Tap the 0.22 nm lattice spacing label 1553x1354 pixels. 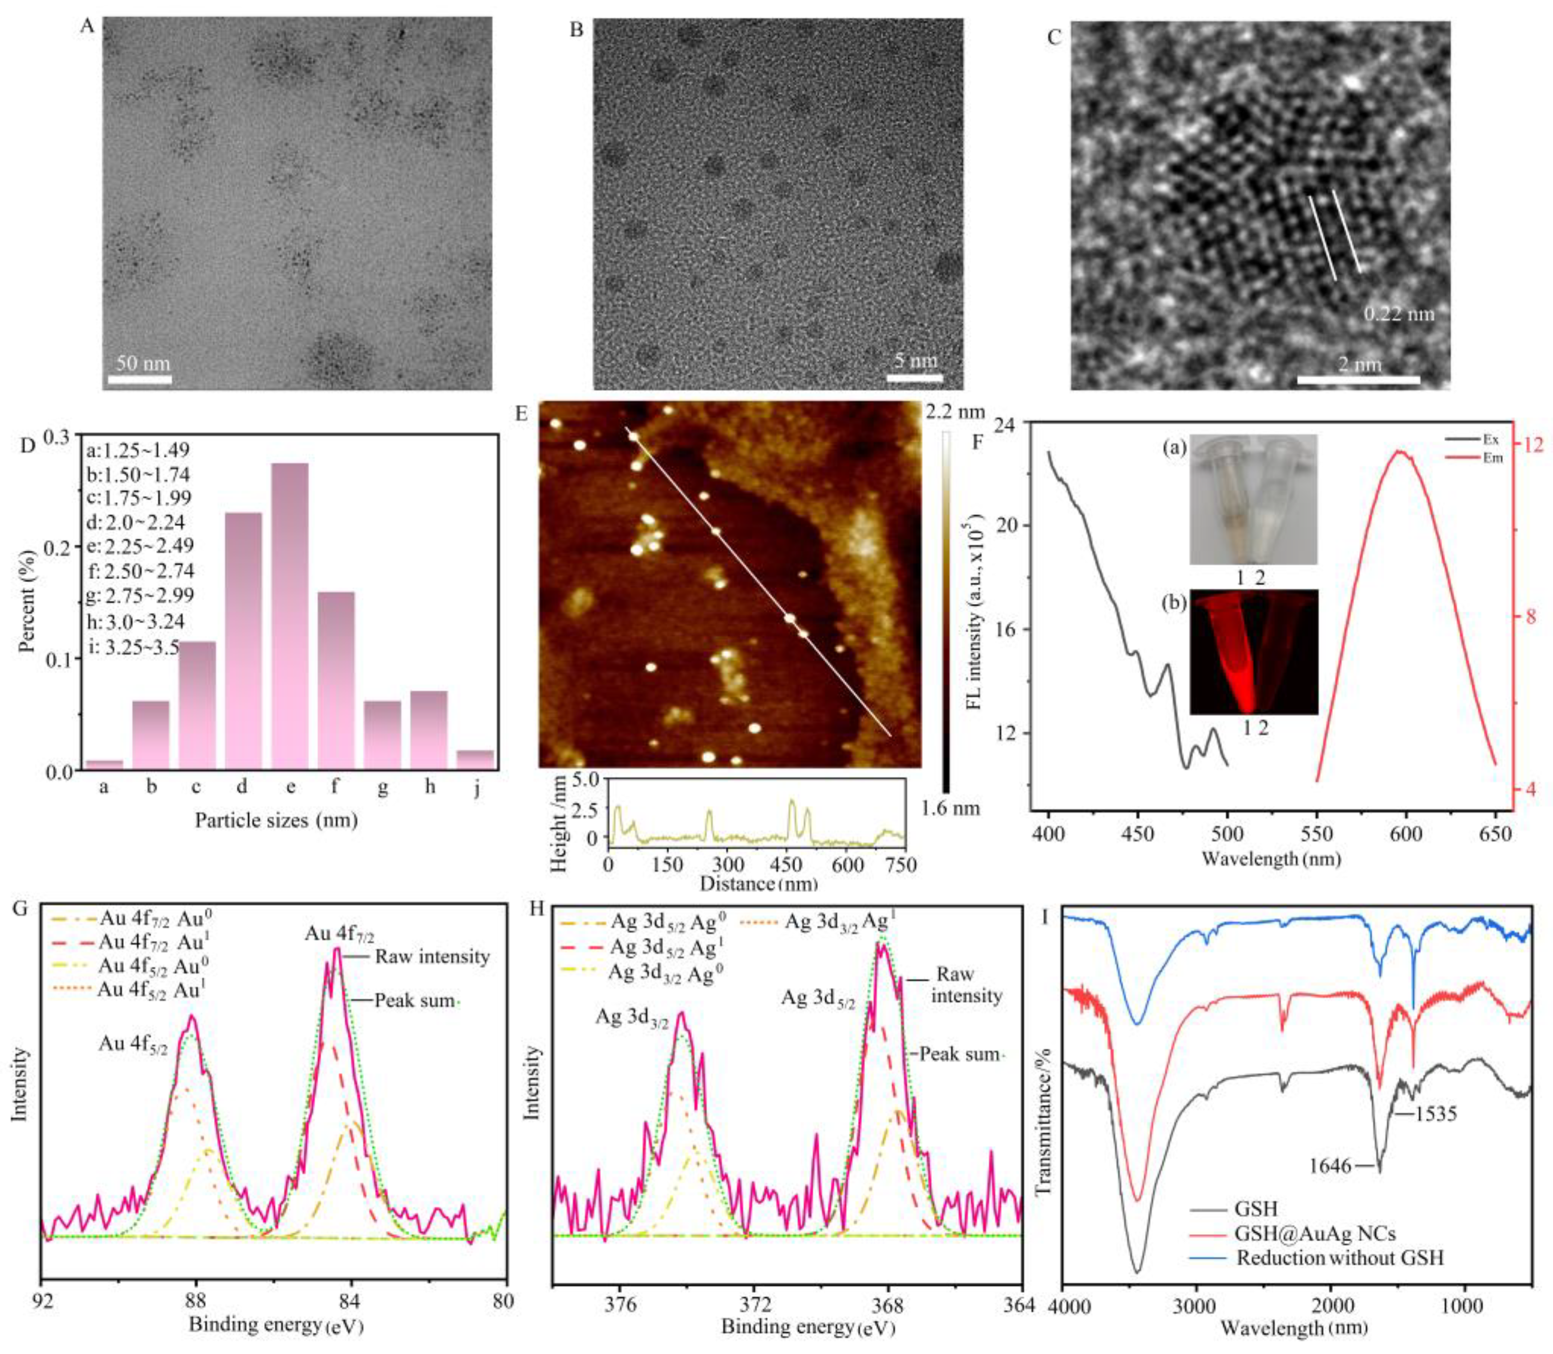(x=1399, y=313)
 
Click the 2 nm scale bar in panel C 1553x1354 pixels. (x=1359, y=380)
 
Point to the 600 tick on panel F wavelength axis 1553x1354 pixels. (x=1406, y=834)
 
